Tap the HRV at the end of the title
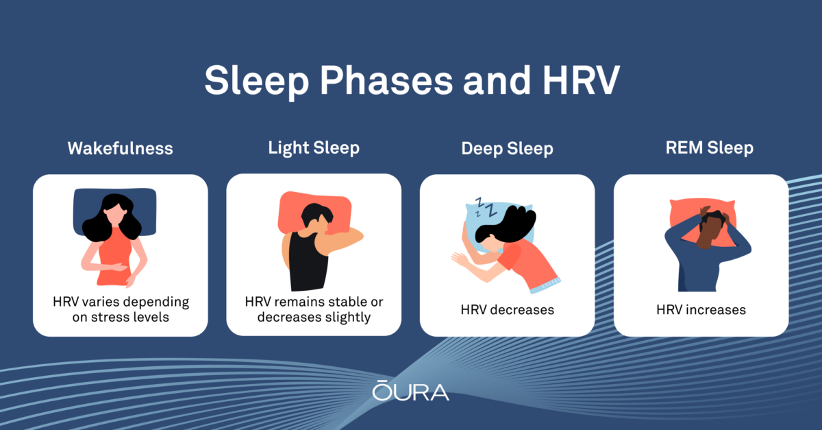coord(582,80)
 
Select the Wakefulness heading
coord(121,149)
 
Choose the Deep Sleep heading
coord(507,149)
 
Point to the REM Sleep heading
coord(710,148)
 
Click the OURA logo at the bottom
coord(410,390)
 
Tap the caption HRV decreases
coord(508,310)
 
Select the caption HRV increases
coord(701,310)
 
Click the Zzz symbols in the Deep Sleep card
coord(484,208)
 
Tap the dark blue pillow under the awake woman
coord(115,211)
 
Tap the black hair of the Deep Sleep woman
coord(506,224)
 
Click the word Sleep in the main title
coord(256,82)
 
